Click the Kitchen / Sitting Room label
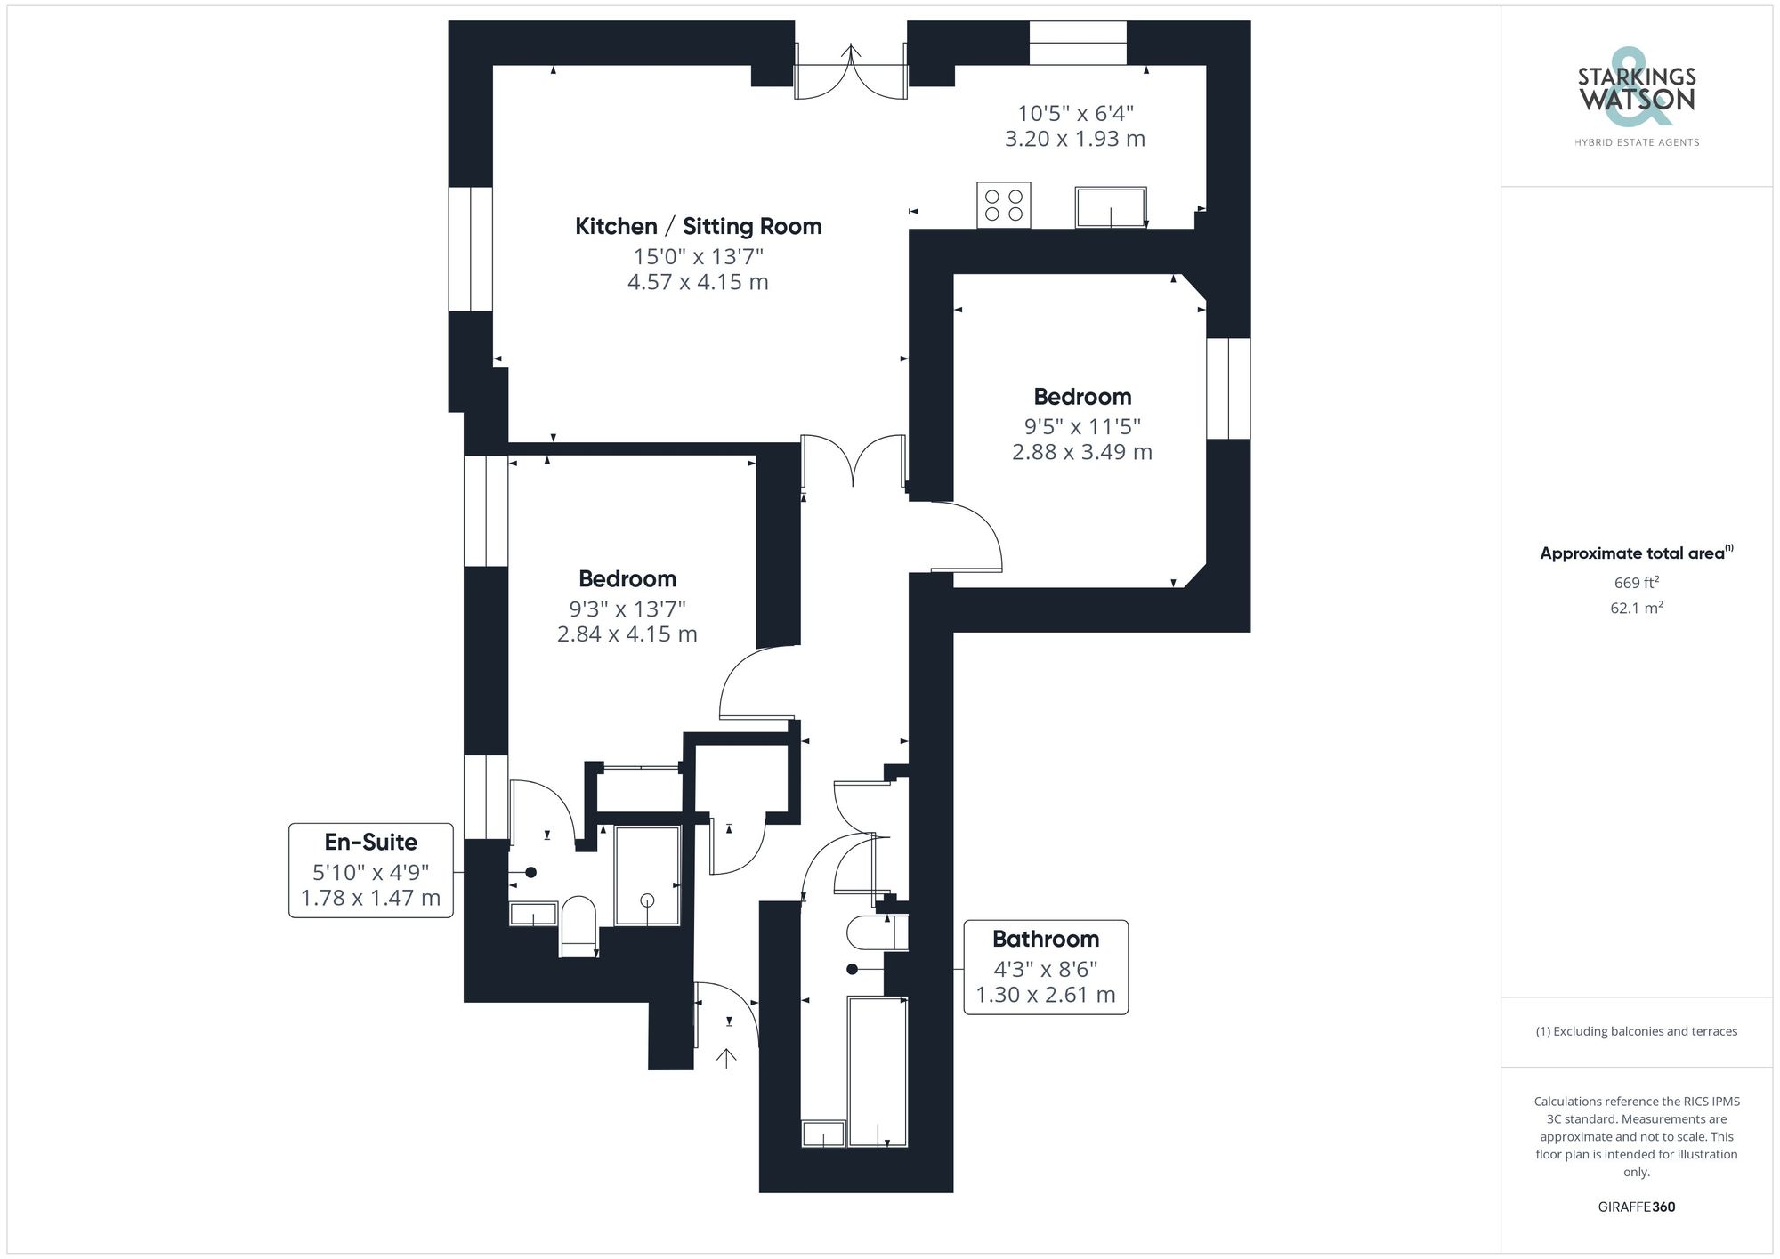coord(698,227)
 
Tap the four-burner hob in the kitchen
coord(1003,205)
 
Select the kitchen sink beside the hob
coord(1110,206)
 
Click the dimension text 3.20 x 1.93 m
coord(1074,139)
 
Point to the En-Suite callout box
coord(371,869)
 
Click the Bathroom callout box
coord(1046,966)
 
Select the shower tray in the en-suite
coord(647,876)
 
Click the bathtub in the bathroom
coord(877,1071)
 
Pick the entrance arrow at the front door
coord(726,1058)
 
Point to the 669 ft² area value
coord(1636,583)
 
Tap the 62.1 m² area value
coord(1636,608)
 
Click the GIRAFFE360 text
coord(1636,1207)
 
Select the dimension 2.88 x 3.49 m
coord(1081,452)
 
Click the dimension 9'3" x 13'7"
coord(627,609)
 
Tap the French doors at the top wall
coord(851,71)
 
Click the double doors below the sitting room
coord(853,461)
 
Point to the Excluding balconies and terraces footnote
coord(1636,1031)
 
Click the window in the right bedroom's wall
coord(1228,388)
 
